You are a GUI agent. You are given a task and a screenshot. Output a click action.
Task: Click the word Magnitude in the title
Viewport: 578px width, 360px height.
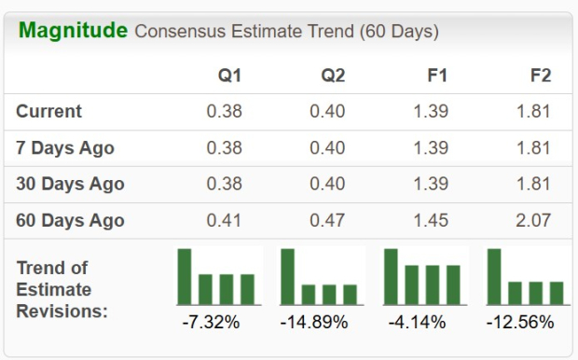pyautogui.click(x=73, y=31)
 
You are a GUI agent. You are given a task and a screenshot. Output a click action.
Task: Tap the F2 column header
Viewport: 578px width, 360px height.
pyautogui.click(x=540, y=75)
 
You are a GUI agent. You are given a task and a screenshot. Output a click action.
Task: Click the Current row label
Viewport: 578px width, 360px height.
pyautogui.click(x=48, y=111)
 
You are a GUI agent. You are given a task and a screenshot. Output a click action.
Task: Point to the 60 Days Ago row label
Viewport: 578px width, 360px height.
pyautogui.click(x=70, y=221)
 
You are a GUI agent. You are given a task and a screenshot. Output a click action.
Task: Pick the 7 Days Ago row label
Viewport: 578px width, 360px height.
pyautogui.click(x=65, y=147)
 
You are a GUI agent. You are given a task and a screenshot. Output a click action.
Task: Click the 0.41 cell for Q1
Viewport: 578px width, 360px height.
pyautogui.click(x=223, y=221)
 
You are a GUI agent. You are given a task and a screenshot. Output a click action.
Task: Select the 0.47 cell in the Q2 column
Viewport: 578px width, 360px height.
pyautogui.click(x=326, y=221)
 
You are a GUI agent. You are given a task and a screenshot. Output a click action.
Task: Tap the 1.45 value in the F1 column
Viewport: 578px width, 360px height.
pyautogui.click(x=430, y=221)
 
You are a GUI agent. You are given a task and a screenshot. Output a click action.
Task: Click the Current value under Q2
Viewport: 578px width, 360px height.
pyautogui.click(x=326, y=111)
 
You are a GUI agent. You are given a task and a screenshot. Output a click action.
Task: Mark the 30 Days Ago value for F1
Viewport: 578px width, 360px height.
pyautogui.click(x=430, y=184)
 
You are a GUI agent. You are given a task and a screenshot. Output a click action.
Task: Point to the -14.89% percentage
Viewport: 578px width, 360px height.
pyautogui.click(x=314, y=322)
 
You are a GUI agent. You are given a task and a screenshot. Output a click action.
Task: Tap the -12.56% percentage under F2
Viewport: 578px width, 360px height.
pyautogui.click(x=520, y=322)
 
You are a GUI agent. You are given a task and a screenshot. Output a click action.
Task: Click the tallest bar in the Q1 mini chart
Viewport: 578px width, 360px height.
pyautogui.click(x=185, y=276)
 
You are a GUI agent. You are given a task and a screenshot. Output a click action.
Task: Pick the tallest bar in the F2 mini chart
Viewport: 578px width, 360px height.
pyautogui.click(x=494, y=276)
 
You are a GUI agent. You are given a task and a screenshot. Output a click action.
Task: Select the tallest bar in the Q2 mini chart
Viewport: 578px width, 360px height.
pyautogui.click(x=288, y=276)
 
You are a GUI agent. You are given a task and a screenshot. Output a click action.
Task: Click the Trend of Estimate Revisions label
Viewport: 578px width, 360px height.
pyautogui.click(x=62, y=289)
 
